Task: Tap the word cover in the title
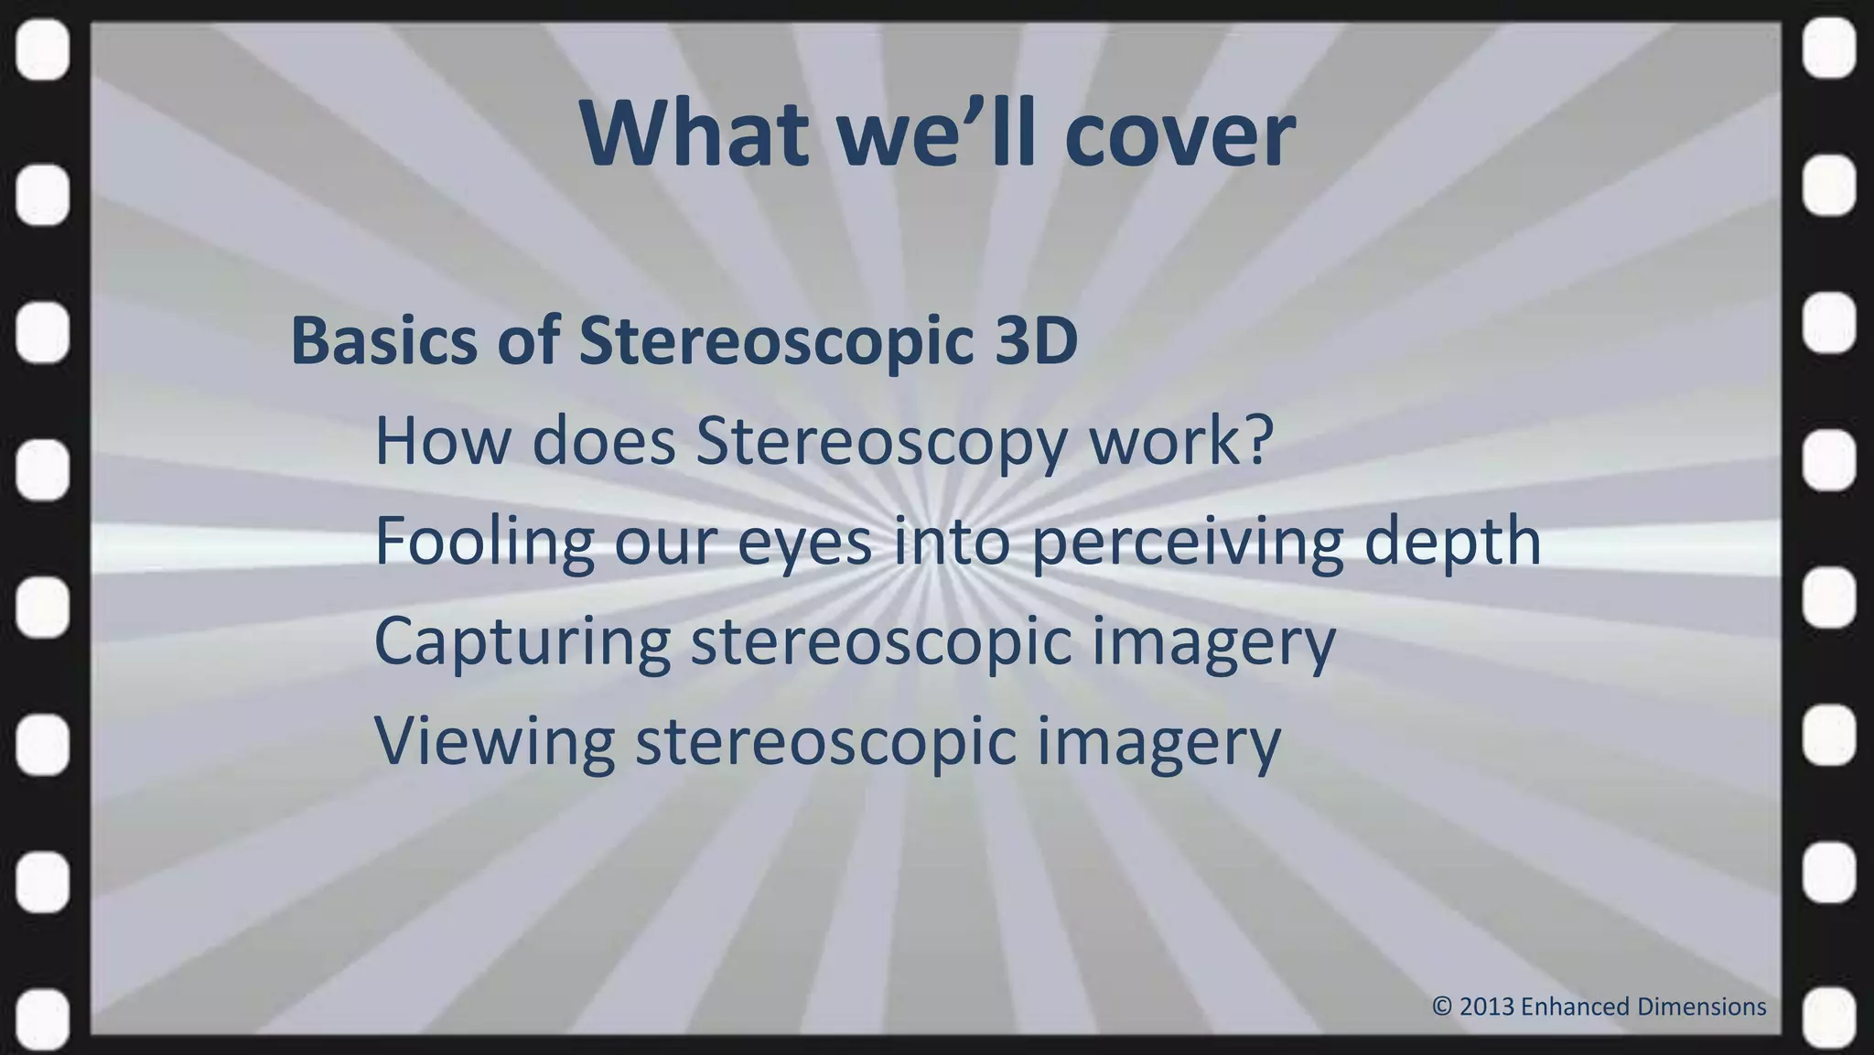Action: pos(1180,135)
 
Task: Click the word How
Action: pos(442,441)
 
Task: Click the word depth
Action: pos(1452,542)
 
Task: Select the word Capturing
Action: pos(522,643)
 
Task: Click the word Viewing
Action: pos(495,742)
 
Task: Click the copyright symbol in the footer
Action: pos(1442,1007)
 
